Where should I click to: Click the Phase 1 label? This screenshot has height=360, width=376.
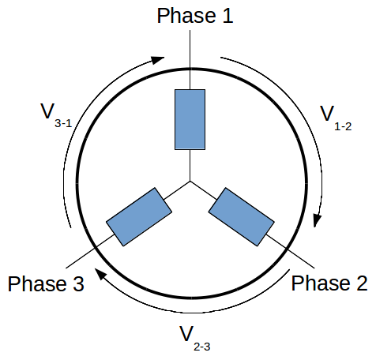click(x=195, y=16)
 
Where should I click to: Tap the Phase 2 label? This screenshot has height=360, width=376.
click(x=329, y=283)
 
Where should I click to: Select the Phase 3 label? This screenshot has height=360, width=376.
click(x=46, y=283)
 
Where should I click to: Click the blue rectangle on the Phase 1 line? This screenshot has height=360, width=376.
click(x=190, y=119)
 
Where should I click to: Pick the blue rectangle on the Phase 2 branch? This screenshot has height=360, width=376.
click(x=242, y=217)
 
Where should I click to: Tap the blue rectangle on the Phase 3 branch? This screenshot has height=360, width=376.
click(x=139, y=217)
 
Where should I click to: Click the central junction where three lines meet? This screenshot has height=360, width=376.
click(x=190, y=181)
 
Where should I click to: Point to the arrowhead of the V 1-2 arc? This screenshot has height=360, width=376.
click(x=317, y=220)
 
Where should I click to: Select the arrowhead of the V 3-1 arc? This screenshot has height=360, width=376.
click(x=158, y=60)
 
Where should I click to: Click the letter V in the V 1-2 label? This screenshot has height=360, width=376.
click(x=327, y=113)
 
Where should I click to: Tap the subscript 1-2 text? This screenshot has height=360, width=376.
click(x=343, y=127)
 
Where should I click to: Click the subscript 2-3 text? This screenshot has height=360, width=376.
click(x=202, y=347)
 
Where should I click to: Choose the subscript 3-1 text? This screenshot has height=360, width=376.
click(x=63, y=123)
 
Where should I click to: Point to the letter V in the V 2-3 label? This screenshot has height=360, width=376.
click(x=186, y=333)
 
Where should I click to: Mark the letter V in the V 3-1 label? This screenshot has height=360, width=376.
click(x=47, y=111)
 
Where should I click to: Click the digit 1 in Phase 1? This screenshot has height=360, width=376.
click(x=227, y=16)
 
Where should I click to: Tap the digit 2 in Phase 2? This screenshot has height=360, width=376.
click(x=362, y=283)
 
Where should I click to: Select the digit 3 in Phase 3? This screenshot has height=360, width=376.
click(x=78, y=283)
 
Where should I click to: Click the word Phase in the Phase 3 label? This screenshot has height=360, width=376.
click(x=37, y=283)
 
